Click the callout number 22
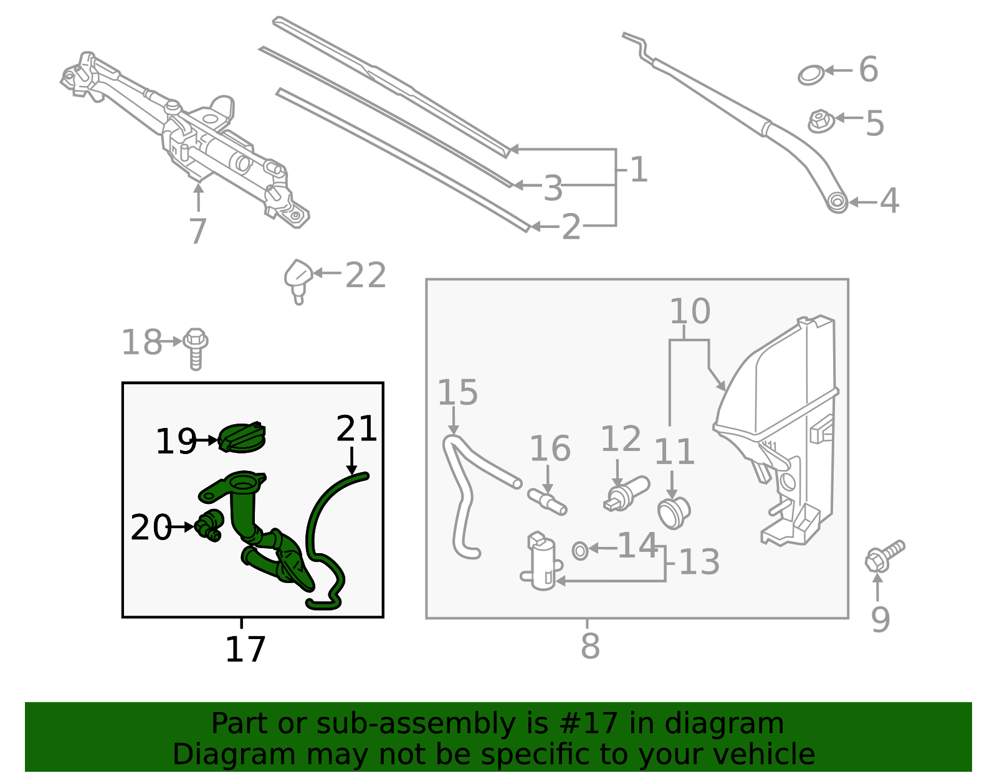(x=366, y=275)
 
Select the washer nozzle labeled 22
(x=298, y=278)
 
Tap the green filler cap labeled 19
(x=242, y=437)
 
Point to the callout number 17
(x=245, y=649)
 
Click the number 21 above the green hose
(x=356, y=429)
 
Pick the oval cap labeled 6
(x=811, y=75)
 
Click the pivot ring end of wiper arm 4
(x=837, y=202)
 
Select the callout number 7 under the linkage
(x=198, y=231)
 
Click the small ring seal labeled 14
(x=580, y=551)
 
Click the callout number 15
(x=457, y=392)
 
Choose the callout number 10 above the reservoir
(x=689, y=311)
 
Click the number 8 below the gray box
(x=589, y=646)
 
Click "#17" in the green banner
(x=589, y=724)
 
